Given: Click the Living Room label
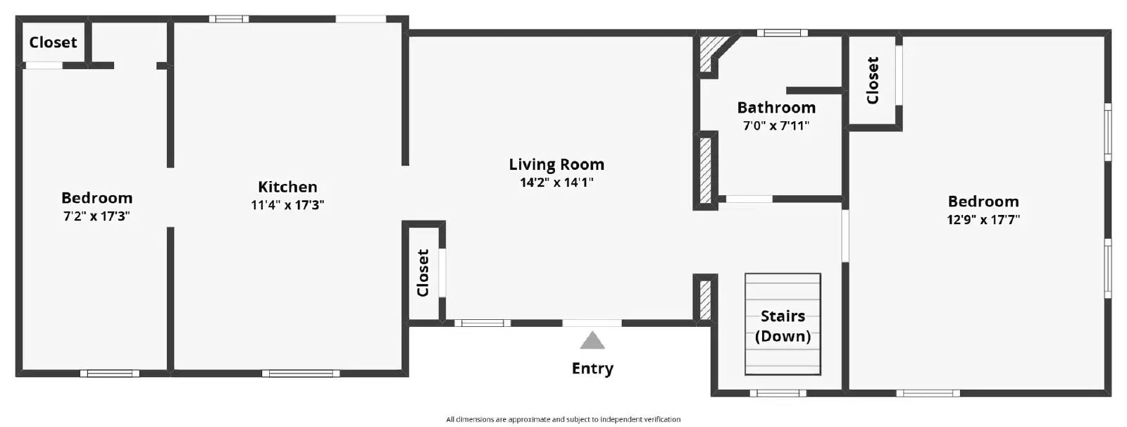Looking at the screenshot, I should [x=556, y=165].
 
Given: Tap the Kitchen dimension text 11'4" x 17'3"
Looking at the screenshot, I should [x=287, y=206].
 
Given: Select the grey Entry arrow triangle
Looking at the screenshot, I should [x=592, y=341].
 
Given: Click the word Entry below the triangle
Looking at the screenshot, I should [x=592, y=369].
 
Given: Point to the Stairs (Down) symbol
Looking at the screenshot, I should [x=783, y=324].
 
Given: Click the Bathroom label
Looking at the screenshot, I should [x=776, y=108].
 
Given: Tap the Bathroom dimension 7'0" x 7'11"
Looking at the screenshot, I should [x=776, y=126].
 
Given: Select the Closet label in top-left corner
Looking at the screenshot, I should [x=53, y=42].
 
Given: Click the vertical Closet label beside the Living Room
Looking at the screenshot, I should [x=423, y=273].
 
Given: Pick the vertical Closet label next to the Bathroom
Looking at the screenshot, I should [x=873, y=80].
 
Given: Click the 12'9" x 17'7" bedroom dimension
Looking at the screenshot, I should [x=983, y=220].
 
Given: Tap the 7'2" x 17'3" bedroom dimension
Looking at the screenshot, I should [x=96, y=216].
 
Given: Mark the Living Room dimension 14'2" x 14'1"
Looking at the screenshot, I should [x=556, y=183].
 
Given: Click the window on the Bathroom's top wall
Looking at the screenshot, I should [x=782, y=32].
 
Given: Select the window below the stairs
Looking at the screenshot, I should [x=778, y=393].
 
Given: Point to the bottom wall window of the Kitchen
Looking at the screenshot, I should [x=301, y=373].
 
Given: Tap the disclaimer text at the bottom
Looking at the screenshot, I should [x=563, y=419].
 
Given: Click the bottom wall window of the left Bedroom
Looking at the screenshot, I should [x=109, y=373].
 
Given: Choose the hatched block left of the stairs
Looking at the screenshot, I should [x=705, y=299].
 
